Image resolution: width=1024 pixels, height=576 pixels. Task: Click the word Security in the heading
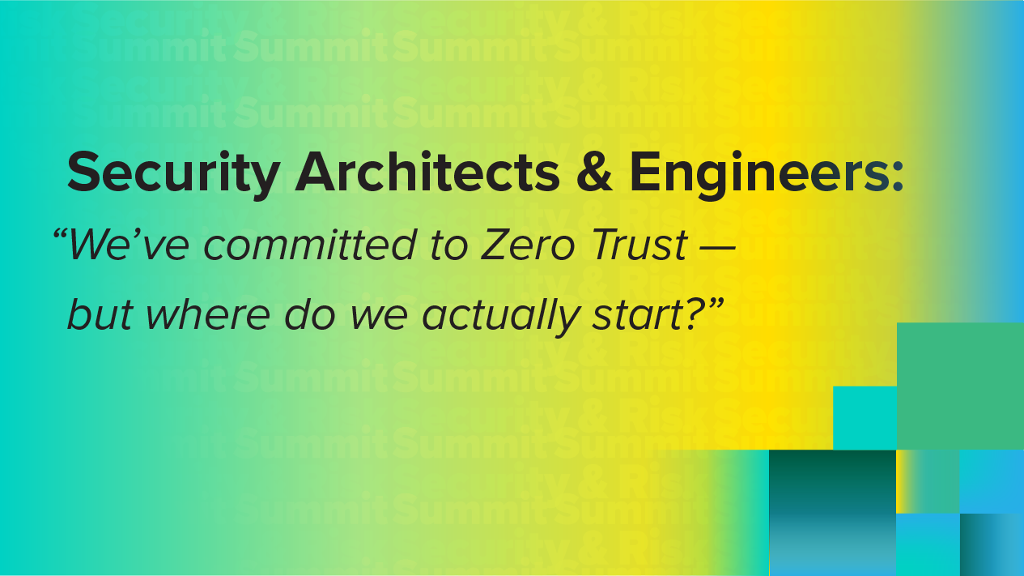[174, 175]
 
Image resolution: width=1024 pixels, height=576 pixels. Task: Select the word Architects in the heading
[428, 172]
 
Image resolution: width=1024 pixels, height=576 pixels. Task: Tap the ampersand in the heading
[594, 172]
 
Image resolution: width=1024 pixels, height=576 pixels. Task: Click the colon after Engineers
[898, 176]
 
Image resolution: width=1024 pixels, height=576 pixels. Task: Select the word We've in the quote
[129, 245]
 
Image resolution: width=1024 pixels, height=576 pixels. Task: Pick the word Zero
[528, 245]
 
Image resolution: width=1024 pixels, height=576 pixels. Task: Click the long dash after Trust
[718, 250]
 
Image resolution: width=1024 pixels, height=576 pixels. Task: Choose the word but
[100, 314]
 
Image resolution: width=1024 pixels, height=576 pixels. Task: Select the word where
[208, 314]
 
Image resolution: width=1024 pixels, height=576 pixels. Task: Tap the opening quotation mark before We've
[60, 236]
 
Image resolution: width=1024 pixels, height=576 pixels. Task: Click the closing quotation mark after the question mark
[716, 305]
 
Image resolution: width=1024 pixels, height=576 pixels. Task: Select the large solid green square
[960, 386]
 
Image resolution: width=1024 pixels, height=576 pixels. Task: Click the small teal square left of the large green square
[865, 418]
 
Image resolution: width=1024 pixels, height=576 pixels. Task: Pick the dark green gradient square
[832, 513]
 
